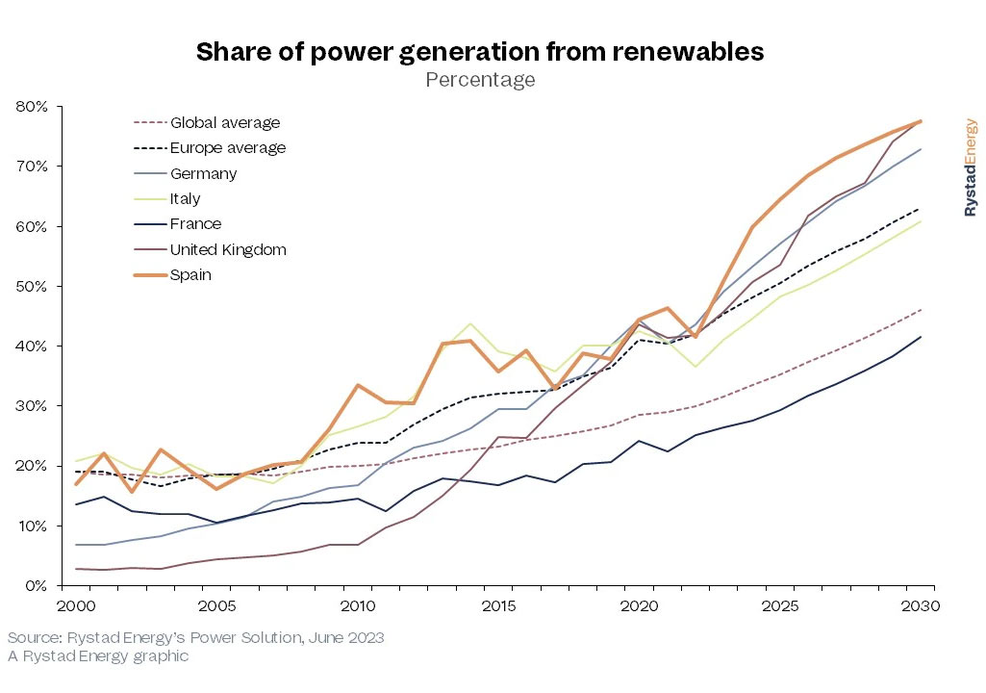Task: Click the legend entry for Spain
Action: click(190, 274)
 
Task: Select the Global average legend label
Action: click(225, 122)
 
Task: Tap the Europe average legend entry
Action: click(228, 147)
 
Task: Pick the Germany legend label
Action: click(203, 173)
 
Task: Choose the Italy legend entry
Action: click(186, 198)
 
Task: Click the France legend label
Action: click(195, 223)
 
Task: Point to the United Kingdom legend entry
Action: click(228, 249)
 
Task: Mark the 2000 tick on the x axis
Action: click(76, 606)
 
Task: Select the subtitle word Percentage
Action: click(480, 80)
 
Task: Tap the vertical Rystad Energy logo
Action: click(970, 167)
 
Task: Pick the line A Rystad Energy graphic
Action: click(98, 656)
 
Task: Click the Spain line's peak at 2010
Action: click(358, 385)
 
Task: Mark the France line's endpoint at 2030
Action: click(921, 337)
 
